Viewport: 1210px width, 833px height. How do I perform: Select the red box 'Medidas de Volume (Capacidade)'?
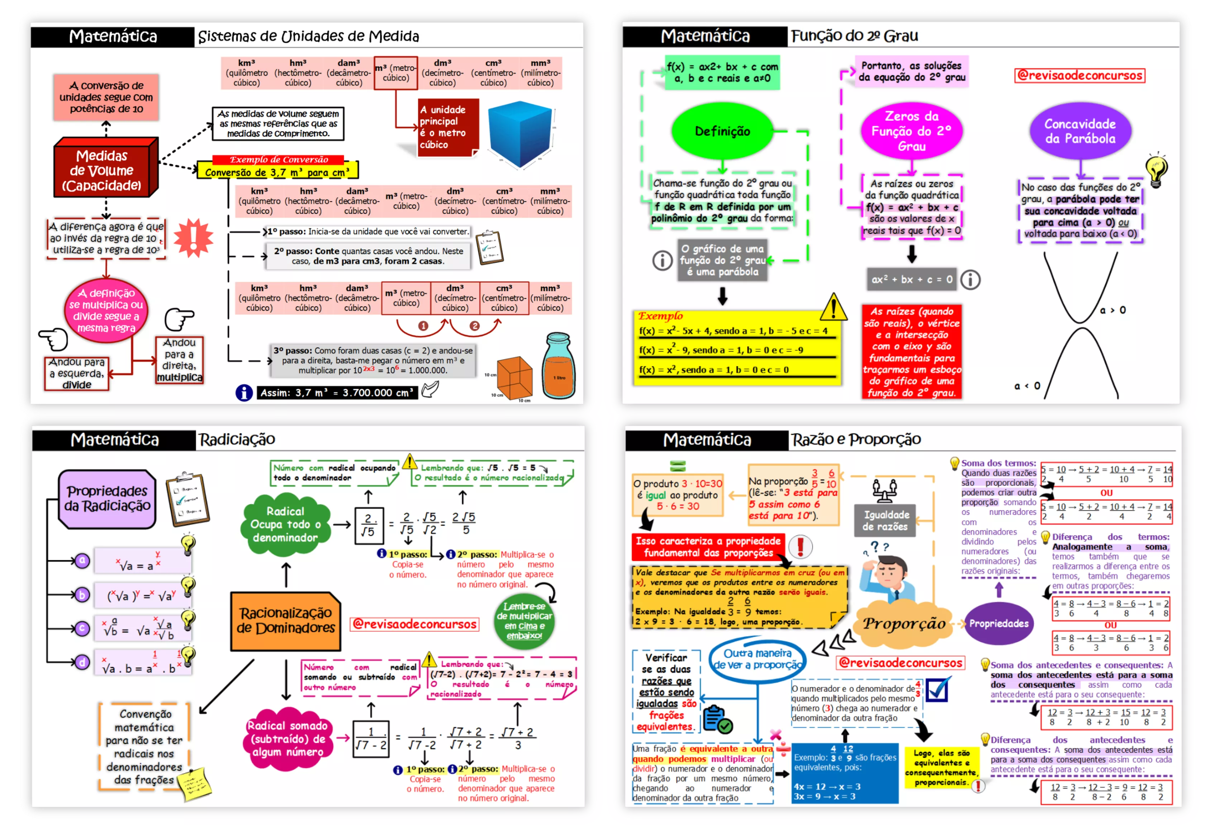pyautogui.click(x=104, y=170)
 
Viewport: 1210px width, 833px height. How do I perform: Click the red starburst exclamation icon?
pyautogui.click(x=193, y=238)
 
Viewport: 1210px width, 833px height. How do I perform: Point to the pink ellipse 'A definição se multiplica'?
pyautogui.click(x=106, y=310)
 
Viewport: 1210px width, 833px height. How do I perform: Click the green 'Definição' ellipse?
pyautogui.click(x=722, y=131)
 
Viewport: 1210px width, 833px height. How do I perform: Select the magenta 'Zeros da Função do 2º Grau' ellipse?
pyautogui.click(x=911, y=130)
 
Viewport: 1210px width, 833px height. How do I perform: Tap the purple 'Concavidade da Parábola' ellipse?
pyautogui.click(x=1079, y=131)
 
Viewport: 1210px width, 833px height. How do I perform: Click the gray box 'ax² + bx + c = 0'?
pyautogui.click(x=911, y=279)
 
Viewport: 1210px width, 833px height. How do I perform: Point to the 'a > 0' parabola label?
pyautogui.click(x=1112, y=310)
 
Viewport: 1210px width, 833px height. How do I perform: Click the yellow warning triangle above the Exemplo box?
pyautogui.click(x=833, y=307)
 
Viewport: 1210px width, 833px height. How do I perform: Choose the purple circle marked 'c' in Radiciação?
pyautogui.click(x=82, y=628)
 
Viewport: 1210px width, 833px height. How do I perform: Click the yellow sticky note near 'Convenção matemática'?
pyautogui.click(x=194, y=784)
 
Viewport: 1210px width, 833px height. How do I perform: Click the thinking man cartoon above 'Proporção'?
pyautogui.click(x=895, y=577)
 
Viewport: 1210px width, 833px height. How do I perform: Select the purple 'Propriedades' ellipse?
pyautogui.click(x=998, y=623)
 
